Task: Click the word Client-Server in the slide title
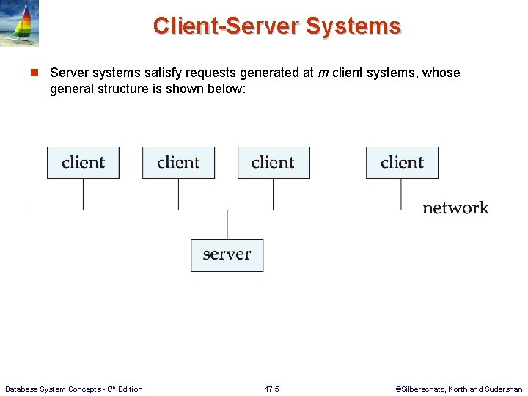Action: [226, 26]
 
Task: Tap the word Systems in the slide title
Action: [353, 26]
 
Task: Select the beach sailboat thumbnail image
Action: [20, 23]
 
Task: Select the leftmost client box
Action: [83, 163]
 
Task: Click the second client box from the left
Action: [178, 163]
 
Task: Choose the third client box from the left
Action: [274, 163]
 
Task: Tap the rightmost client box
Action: [402, 163]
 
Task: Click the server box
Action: [227, 254]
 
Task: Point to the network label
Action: [455, 208]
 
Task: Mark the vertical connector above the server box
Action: [227, 224]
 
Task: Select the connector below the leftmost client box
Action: [83, 194]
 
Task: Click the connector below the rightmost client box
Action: [400, 194]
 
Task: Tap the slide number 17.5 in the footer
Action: [272, 389]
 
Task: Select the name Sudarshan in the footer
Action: [505, 389]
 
